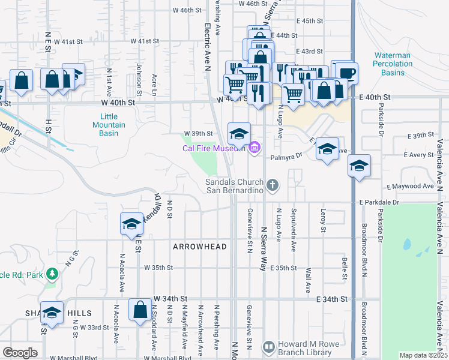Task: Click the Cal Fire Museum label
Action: click(215, 148)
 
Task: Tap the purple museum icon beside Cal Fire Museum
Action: click(255, 147)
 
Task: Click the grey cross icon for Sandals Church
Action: click(273, 185)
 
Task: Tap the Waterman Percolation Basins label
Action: click(393, 64)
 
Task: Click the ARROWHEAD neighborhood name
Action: click(200, 247)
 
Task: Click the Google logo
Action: click(20, 352)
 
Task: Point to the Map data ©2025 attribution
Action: click(423, 355)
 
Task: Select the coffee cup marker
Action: click(346, 74)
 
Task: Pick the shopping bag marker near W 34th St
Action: click(140, 310)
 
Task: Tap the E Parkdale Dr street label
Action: click(379, 203)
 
